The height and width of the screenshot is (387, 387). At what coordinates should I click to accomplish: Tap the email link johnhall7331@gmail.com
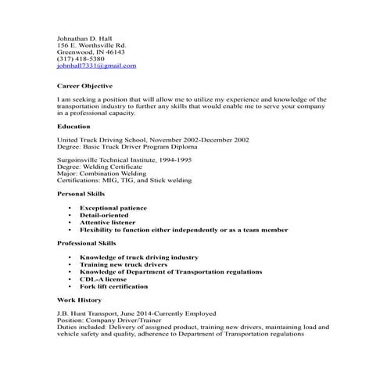[x=96, y=66]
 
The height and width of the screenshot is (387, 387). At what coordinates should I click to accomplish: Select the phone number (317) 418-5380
[x=81, y=59]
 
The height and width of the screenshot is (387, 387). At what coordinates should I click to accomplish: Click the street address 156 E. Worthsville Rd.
[x=91, y=45]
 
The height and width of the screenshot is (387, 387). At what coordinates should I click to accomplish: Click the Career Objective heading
[x=85, y=85]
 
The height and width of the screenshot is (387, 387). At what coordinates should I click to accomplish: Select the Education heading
[x=73, y=125]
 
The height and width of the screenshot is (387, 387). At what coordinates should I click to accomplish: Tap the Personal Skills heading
[x=82, y=192]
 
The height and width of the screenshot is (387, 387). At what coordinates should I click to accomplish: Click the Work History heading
[x=81, y=299]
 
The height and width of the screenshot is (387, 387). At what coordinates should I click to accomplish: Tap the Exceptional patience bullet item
[x=116, y=209]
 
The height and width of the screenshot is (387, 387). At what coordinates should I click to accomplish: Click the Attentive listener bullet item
[x=111, y=223]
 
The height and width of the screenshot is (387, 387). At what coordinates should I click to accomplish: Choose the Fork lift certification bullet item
[x=117, y=285]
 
